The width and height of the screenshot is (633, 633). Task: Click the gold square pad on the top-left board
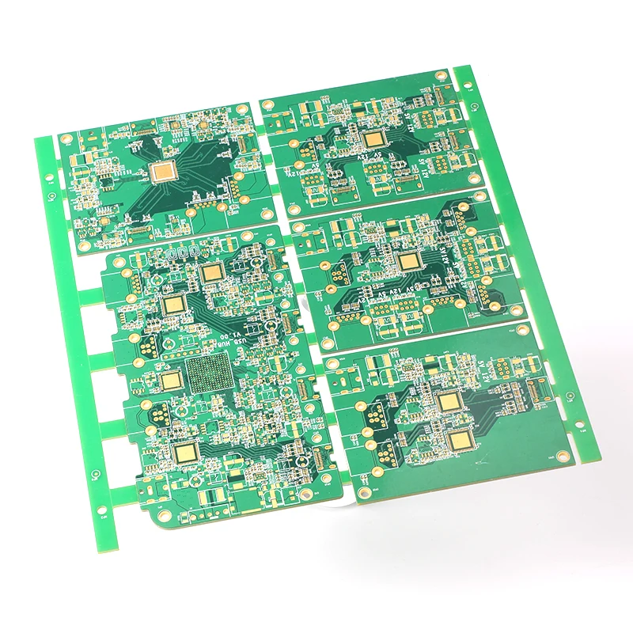[x=165, y=169]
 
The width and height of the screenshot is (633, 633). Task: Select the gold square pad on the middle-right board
[x=408, y=262]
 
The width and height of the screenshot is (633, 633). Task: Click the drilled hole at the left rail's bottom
[x=103, y=515]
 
